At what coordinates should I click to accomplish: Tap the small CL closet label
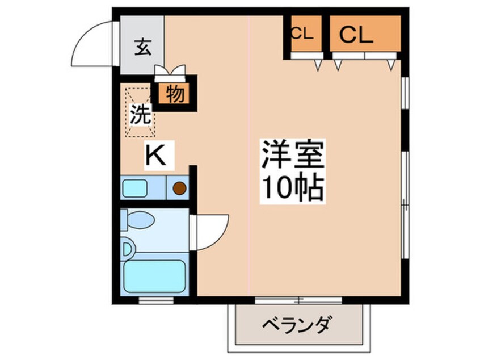pyautogui.click(x=302, y=34)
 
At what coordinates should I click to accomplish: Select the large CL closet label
pyautogui.click(x=356, y=35)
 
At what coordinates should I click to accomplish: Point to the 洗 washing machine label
pyautogui.click(x=141, y=115)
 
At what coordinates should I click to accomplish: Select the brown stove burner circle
pyautogui.click(x=179, y=187)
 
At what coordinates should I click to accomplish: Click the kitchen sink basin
pyautogui.click(x=136, y=187)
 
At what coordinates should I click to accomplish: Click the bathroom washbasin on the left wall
pyautogui.click(x=127, y=248)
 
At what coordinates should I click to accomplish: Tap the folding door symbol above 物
pyautogui.click(x=170, y=71)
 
